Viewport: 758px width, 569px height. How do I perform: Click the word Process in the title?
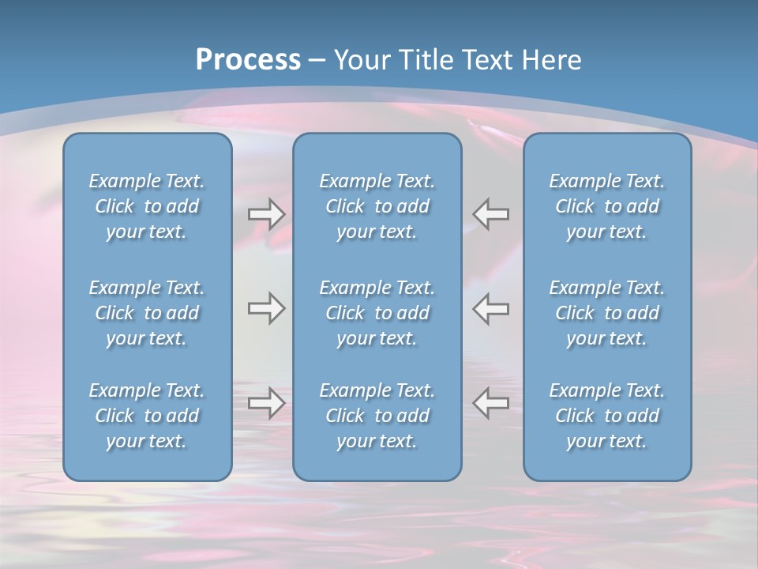[x=248, y=60]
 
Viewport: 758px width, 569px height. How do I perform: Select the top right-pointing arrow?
[x=266, y=214]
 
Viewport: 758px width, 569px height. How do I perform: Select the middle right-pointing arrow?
[x=266, y=308]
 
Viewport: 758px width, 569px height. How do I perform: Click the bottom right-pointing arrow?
[x=266, y=403]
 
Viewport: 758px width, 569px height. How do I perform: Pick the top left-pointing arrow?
[x=491, y=214]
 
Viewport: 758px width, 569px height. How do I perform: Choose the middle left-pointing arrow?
[x=491, y=308]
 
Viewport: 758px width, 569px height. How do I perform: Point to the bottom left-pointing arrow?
[x=491, y=403]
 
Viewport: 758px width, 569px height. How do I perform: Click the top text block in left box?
[x=147, y=206]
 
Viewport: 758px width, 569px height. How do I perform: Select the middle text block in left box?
[x=147, y=313]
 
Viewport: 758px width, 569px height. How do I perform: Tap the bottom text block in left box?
[x=147, y=416]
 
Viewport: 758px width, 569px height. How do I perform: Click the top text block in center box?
[x=377, y=206]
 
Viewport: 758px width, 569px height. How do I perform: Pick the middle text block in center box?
[x=377, y=313]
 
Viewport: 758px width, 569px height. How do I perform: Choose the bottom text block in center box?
[x=377, y=416]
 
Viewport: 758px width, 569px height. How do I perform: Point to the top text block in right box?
[x=606, y=206]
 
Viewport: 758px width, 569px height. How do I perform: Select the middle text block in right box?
[x=606, y=313]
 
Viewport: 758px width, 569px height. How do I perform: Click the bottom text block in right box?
[x=606, y=416]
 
